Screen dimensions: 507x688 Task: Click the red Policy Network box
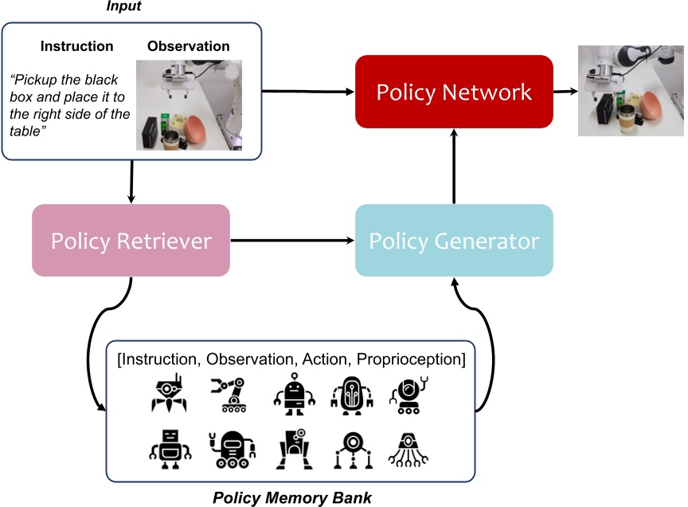[x=454, y=92]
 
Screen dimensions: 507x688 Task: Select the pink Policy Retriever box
[x=131, y=241]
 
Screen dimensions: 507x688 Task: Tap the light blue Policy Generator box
[x=454, y=241]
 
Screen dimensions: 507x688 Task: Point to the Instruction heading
[x=77, y=46]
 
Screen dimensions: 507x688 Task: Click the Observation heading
[x=189, y=46]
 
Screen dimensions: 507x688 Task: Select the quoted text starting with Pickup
[x=70, y=107]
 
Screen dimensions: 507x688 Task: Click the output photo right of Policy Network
[x=630, y=90]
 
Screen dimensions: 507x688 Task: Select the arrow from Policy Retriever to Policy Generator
[x=291, y=240]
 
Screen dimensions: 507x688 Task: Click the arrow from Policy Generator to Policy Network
[x=454, y=167]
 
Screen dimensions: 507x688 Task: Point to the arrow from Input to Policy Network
[x=307, y=92]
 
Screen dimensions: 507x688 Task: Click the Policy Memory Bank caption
[x=291, y=498]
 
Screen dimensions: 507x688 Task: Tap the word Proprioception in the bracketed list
[x=411, y=360]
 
